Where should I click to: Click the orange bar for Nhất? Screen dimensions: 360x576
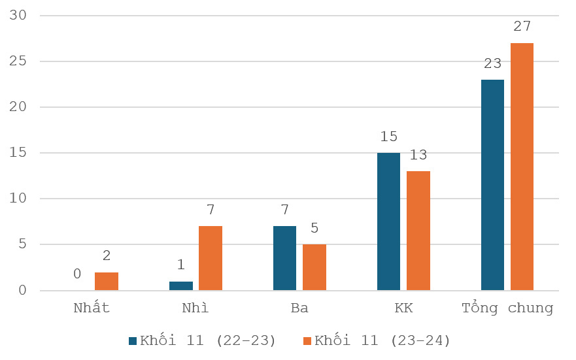point(107,282)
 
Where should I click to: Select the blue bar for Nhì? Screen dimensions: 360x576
point(181,286)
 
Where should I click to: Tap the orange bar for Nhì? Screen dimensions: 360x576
point(211,258)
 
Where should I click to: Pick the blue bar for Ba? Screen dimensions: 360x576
point(284,258)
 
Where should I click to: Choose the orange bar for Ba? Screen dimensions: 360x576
point(314,267)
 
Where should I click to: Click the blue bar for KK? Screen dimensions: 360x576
point(388,221)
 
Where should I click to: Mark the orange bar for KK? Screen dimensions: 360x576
point(418,231)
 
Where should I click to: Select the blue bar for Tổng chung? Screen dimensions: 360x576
point(492,185)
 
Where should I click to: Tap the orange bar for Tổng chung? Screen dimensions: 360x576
point(522,167)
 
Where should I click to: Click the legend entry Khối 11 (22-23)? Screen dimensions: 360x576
point(203,340)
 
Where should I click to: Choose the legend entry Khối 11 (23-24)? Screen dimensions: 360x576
point(377,340)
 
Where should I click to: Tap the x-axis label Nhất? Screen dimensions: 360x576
point(92,308)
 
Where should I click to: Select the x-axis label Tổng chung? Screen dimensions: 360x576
point(507,308)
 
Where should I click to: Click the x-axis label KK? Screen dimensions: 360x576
point(403,308)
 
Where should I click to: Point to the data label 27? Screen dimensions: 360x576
point(522,27)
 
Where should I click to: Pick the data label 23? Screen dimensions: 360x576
point(492,63)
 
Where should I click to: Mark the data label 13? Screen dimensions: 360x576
point(418,155)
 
